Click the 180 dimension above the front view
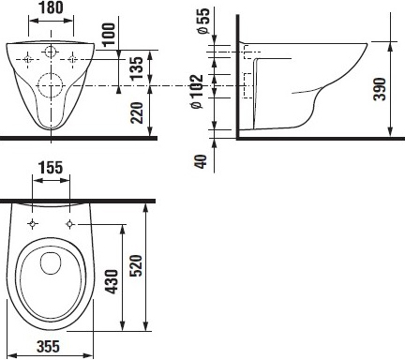click(x=51, y=8)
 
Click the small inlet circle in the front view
click(x=52, y=50)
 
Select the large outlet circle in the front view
click(x=52, y=88)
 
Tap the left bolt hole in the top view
click(x=33, y=224)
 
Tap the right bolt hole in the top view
click(x=69, y=224)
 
